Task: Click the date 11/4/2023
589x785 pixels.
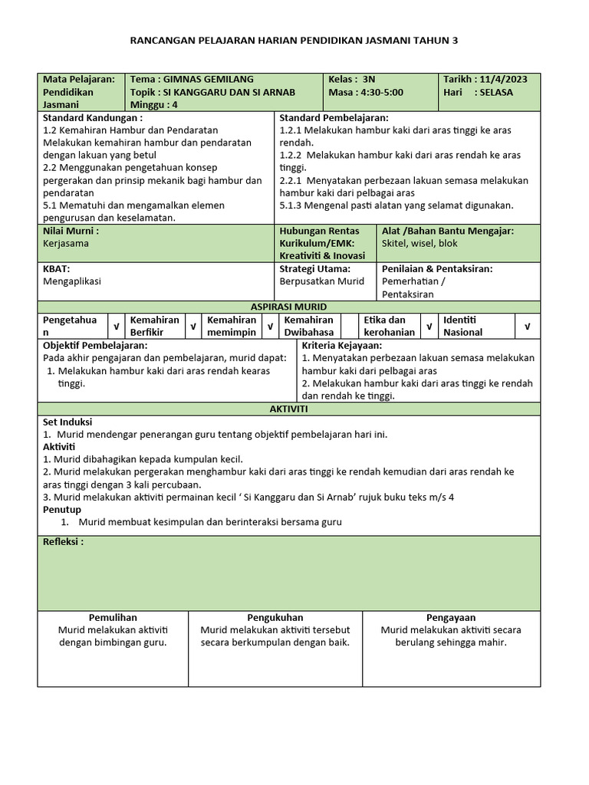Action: [x=507, y=80]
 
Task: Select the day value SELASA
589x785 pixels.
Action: [x=494, y=93]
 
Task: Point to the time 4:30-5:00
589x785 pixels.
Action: [x=381, y=93]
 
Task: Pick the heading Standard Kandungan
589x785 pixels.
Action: [x=92, y=118]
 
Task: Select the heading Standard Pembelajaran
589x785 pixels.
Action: [x=334, y=118]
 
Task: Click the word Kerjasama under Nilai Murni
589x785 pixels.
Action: [x=66, y=243]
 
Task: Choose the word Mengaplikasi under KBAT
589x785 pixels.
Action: [x=72, y=281]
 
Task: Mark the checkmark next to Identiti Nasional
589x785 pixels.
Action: [x=527, y=327]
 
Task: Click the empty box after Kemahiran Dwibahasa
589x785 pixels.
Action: [x=349, y=326]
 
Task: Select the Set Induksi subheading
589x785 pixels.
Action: [x=67, y=422]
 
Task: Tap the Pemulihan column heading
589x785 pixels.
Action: [x=113, y=617]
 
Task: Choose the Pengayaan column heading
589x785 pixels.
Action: [x=451, y=617]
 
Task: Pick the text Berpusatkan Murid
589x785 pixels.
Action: [x=321, y=281]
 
